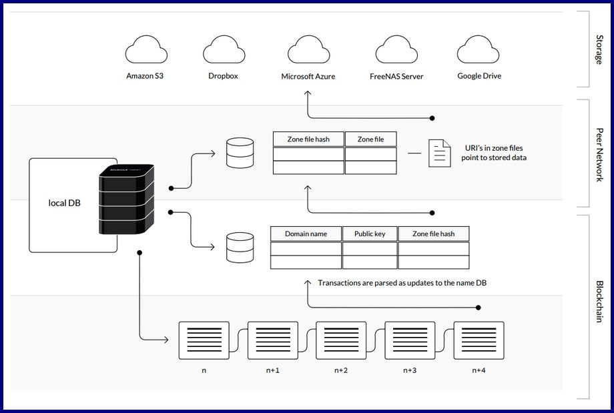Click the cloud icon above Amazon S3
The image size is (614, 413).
click(x=145, y=51)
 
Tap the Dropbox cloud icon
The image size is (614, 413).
click(x=223, y=51)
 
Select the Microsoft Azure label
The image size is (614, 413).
click(x=308, y=77)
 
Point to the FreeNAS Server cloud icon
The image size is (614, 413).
click(x=396, y=51)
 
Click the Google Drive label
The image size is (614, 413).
click(x=479, y=76)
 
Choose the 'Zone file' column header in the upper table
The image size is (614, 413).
click(x=370, y=139)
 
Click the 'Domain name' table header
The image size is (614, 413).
click(x=306, y=234)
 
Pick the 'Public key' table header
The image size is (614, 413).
click(x=370, y=234)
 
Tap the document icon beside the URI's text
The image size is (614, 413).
click(x=438, y=153)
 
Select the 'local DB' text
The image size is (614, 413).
click(x=65, y=202)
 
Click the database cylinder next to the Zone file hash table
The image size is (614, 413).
click(x=240, y=153)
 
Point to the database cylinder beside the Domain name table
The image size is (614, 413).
click(x=240, y=248)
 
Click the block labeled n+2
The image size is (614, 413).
click(x=341, y=340)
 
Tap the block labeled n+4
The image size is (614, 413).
click(x=479, y=340)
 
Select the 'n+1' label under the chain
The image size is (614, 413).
click(x=272, y=370)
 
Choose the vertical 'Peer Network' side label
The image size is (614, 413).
click(x=599, y=154)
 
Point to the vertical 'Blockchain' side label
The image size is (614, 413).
click(x=599, y=301)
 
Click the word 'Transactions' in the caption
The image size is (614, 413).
click(x=341, y=283)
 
